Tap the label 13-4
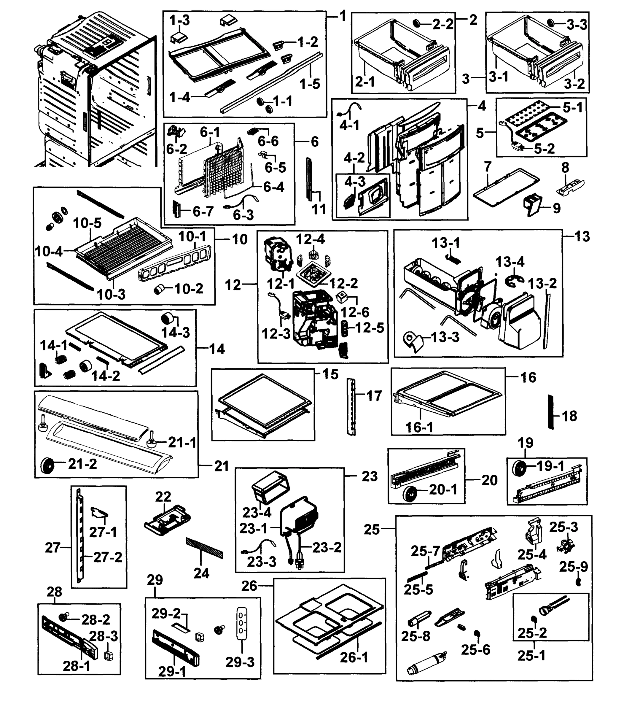(x=510, y=262)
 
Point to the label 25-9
(x=573, y=567)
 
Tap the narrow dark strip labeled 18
(x=550, y=412)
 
